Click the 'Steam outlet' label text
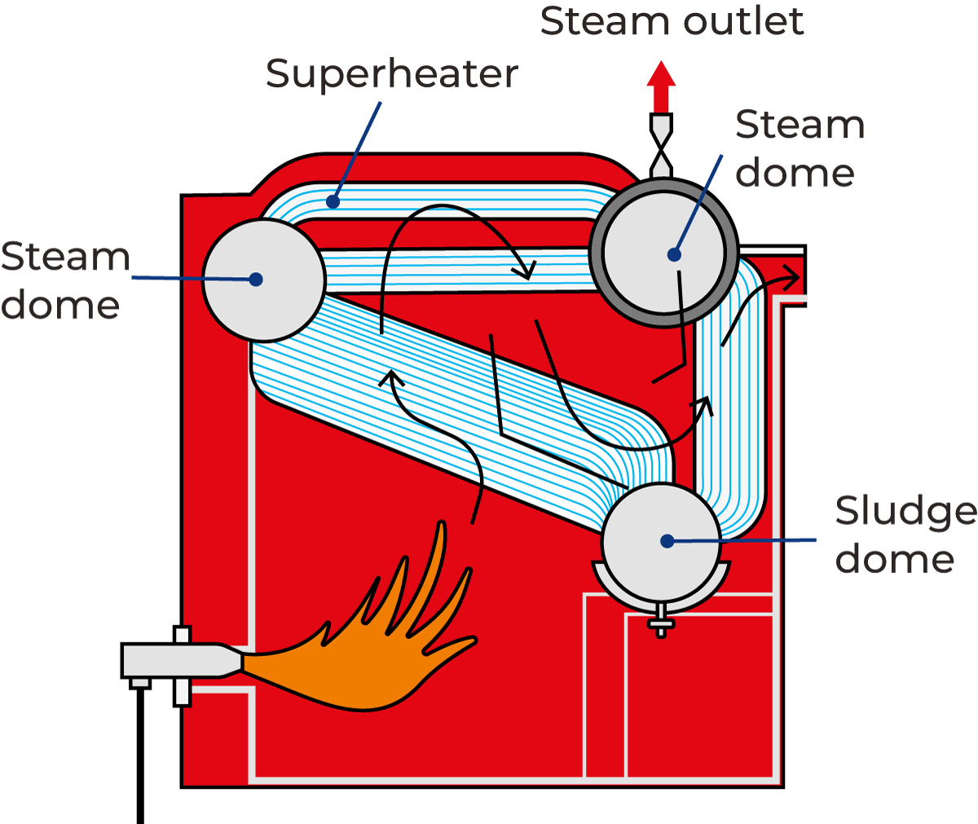[672, 21]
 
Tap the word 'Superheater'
[391, 75]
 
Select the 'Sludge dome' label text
[905, 535]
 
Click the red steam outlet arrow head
[661, 74]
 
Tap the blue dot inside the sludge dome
[667, 540]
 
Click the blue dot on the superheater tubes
[332, 200]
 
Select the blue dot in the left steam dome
[256, 280]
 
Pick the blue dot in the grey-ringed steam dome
[674, 254]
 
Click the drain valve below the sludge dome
[661, 624]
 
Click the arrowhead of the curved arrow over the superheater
[527, 270]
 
